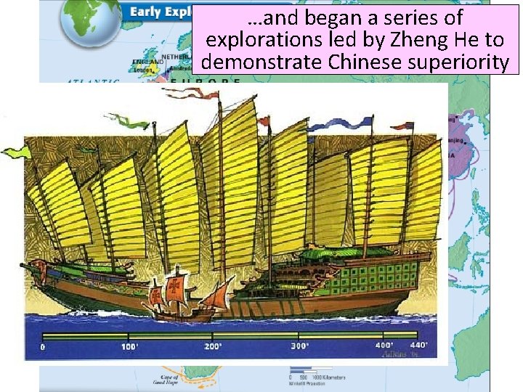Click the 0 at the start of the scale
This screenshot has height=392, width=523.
pos(43,347)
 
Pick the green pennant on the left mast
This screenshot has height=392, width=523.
pos(16,151)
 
